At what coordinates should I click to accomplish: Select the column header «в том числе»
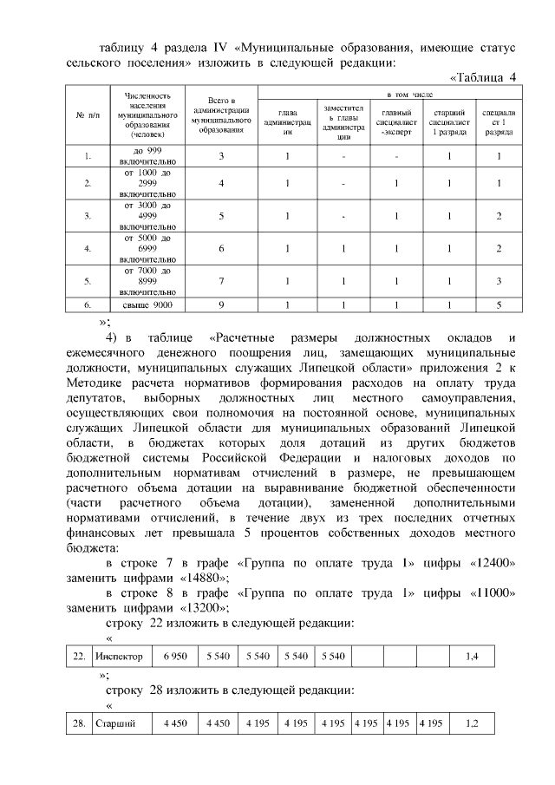[391, 92]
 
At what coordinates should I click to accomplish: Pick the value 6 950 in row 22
[175, 657]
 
